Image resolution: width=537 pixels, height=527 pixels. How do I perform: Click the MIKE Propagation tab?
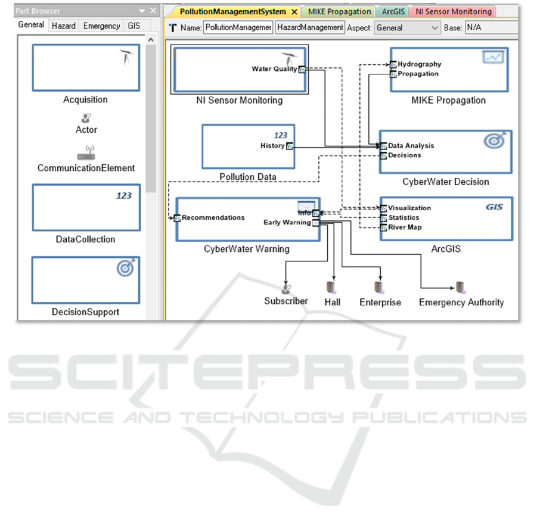(x=339, y=11)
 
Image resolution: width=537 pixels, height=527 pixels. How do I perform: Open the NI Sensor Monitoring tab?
(x=454, y=11)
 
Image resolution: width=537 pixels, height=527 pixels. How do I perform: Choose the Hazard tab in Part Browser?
(x=63, y=26)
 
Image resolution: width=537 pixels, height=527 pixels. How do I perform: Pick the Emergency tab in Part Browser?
(x=101, y=26)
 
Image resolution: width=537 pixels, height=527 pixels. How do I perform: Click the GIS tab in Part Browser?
(x=134, y=26)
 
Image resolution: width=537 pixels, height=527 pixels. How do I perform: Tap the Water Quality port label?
(x=274, y=69)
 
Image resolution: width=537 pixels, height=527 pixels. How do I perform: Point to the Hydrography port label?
(x=419, y=64)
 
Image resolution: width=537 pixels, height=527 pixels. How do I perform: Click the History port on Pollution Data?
(x=290, y=146)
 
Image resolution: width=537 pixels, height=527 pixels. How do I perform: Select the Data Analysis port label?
(x=411, y=145)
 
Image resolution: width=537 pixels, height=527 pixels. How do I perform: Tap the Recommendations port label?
(x=213, y=217)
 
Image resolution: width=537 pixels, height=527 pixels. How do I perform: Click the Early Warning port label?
(x=287, y=223)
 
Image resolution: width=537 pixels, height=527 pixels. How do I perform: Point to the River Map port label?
(x=405, y=227)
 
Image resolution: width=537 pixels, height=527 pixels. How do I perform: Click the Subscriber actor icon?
(x=286, y=288)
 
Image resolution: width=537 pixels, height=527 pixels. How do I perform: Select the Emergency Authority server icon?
(x=461, y=287)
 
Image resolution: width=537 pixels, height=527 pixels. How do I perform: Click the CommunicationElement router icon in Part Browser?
(x=86, y=152)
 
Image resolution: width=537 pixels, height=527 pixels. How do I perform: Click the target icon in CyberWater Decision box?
(x=495, y=141)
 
